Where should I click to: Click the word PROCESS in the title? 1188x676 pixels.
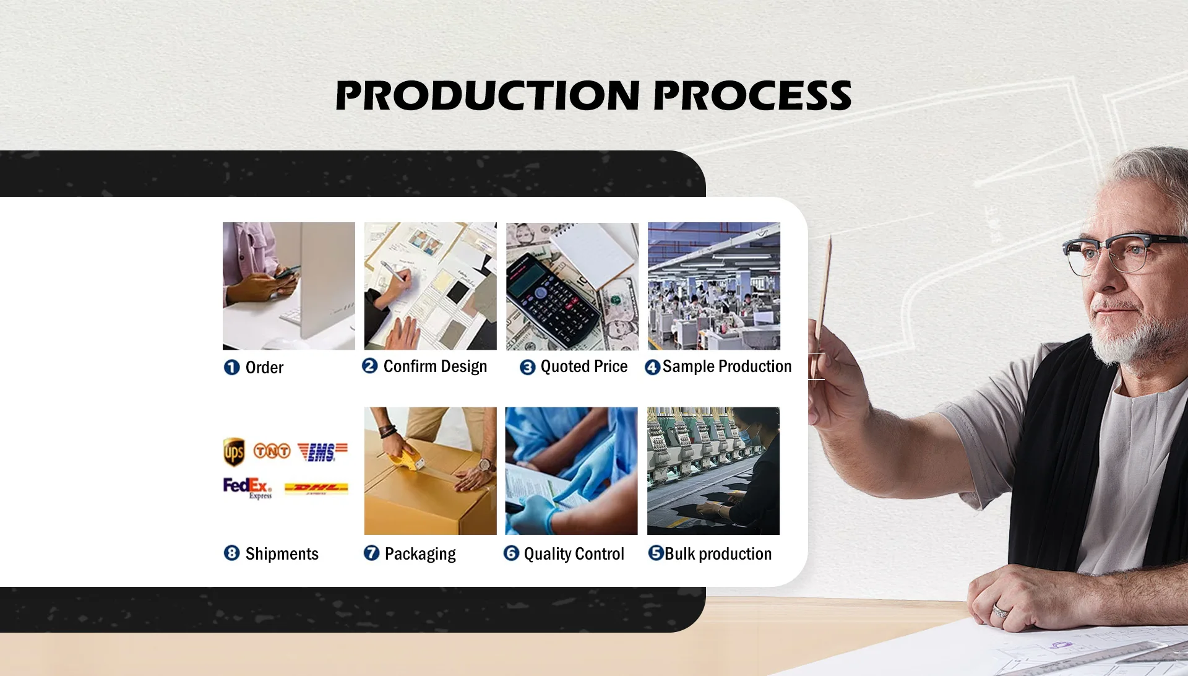coord(752,95)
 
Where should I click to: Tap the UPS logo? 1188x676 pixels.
coord(234,452)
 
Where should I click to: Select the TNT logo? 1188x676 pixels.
coord(272,451)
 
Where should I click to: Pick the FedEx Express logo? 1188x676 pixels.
coord(247,488)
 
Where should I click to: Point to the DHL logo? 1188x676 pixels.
coord(316,488)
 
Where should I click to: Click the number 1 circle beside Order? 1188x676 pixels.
coord(231,368)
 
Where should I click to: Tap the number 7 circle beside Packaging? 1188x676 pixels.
coord(371,553)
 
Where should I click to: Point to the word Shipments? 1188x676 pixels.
coord(282,554)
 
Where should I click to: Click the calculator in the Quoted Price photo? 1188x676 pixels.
coord(552,300)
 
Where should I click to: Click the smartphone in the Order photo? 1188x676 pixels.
coord(286,272)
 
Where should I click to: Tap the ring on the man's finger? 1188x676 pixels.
coord(1000,610)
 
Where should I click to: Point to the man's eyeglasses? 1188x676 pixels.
coord(1123,251)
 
